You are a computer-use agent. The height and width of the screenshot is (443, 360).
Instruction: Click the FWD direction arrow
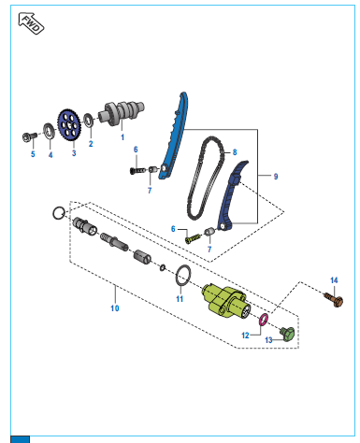point(31,23)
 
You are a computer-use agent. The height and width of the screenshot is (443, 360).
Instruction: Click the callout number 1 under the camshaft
point(122,137)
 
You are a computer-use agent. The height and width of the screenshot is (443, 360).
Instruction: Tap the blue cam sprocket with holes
point(69,126)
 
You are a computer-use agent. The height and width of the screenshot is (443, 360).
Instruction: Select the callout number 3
point(74,153)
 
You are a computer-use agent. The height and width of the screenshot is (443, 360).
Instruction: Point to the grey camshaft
point(122,113)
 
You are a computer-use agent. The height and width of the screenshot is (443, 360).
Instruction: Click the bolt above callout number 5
point(29,136)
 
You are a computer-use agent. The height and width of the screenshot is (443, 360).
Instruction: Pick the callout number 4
point(50,155)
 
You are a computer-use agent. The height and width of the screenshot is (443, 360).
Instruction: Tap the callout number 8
point(235,152)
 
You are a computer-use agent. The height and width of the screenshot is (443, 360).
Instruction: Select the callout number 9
point(276,177)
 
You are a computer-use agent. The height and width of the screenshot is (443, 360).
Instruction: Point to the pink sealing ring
point(264,320)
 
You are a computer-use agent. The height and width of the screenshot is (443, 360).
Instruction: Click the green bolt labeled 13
point(287,334)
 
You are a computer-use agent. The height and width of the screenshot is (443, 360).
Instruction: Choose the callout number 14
point(334,280)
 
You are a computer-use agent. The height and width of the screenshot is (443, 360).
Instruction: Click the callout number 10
point(115,308)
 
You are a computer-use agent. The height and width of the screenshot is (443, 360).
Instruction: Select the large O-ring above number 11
point(183,275)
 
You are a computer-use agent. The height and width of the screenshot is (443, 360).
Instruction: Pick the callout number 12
point(245,336)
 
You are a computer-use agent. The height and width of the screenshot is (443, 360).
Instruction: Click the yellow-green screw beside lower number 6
point(193,238)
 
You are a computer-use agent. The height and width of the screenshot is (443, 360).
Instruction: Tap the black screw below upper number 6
point(137,170)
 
